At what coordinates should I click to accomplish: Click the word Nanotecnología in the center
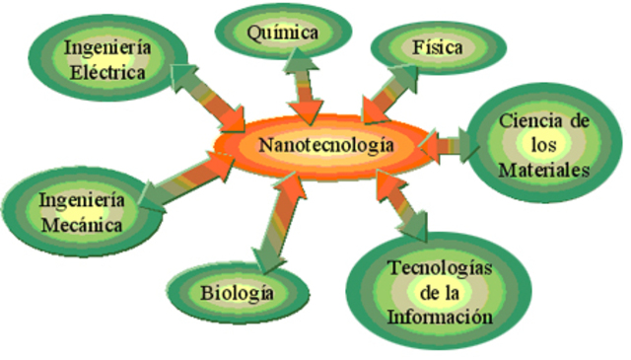326,145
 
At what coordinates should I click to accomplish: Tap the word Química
283,33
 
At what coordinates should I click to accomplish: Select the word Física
438,47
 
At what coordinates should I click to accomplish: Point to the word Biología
237,294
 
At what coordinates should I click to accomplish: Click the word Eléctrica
107,73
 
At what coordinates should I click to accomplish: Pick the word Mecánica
82,225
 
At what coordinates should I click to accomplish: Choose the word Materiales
544,170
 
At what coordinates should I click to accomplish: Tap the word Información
440,317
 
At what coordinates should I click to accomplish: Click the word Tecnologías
441,268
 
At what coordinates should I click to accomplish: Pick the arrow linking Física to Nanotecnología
389,94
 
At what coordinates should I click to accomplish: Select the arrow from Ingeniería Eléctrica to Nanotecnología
208,98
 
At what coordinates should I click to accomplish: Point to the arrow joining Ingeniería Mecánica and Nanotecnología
186,181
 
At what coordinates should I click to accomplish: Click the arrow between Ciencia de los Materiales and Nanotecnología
449,145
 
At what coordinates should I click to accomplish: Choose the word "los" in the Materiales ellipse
543,145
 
